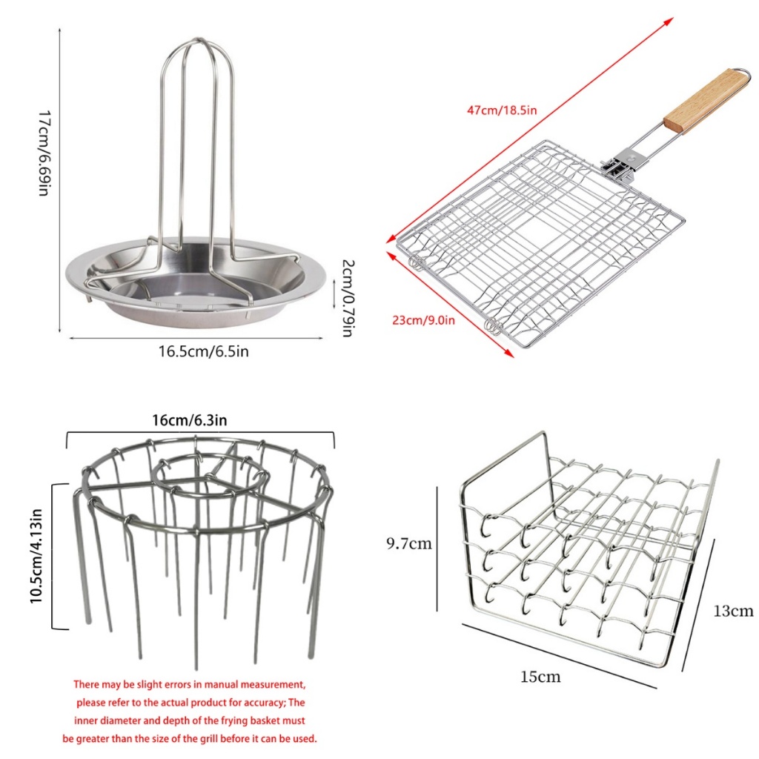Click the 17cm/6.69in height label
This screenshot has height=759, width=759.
point(44,153)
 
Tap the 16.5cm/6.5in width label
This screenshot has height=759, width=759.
point(203,351)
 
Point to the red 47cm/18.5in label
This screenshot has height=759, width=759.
point(502,110)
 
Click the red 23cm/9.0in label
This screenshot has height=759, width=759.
point(423,320)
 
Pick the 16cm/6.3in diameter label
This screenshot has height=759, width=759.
point(189,420)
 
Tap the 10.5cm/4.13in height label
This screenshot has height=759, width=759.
point(36,556)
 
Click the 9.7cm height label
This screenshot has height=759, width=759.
point(408,543)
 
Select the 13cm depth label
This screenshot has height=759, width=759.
point(733,611)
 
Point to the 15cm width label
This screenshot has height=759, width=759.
point(540,676)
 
